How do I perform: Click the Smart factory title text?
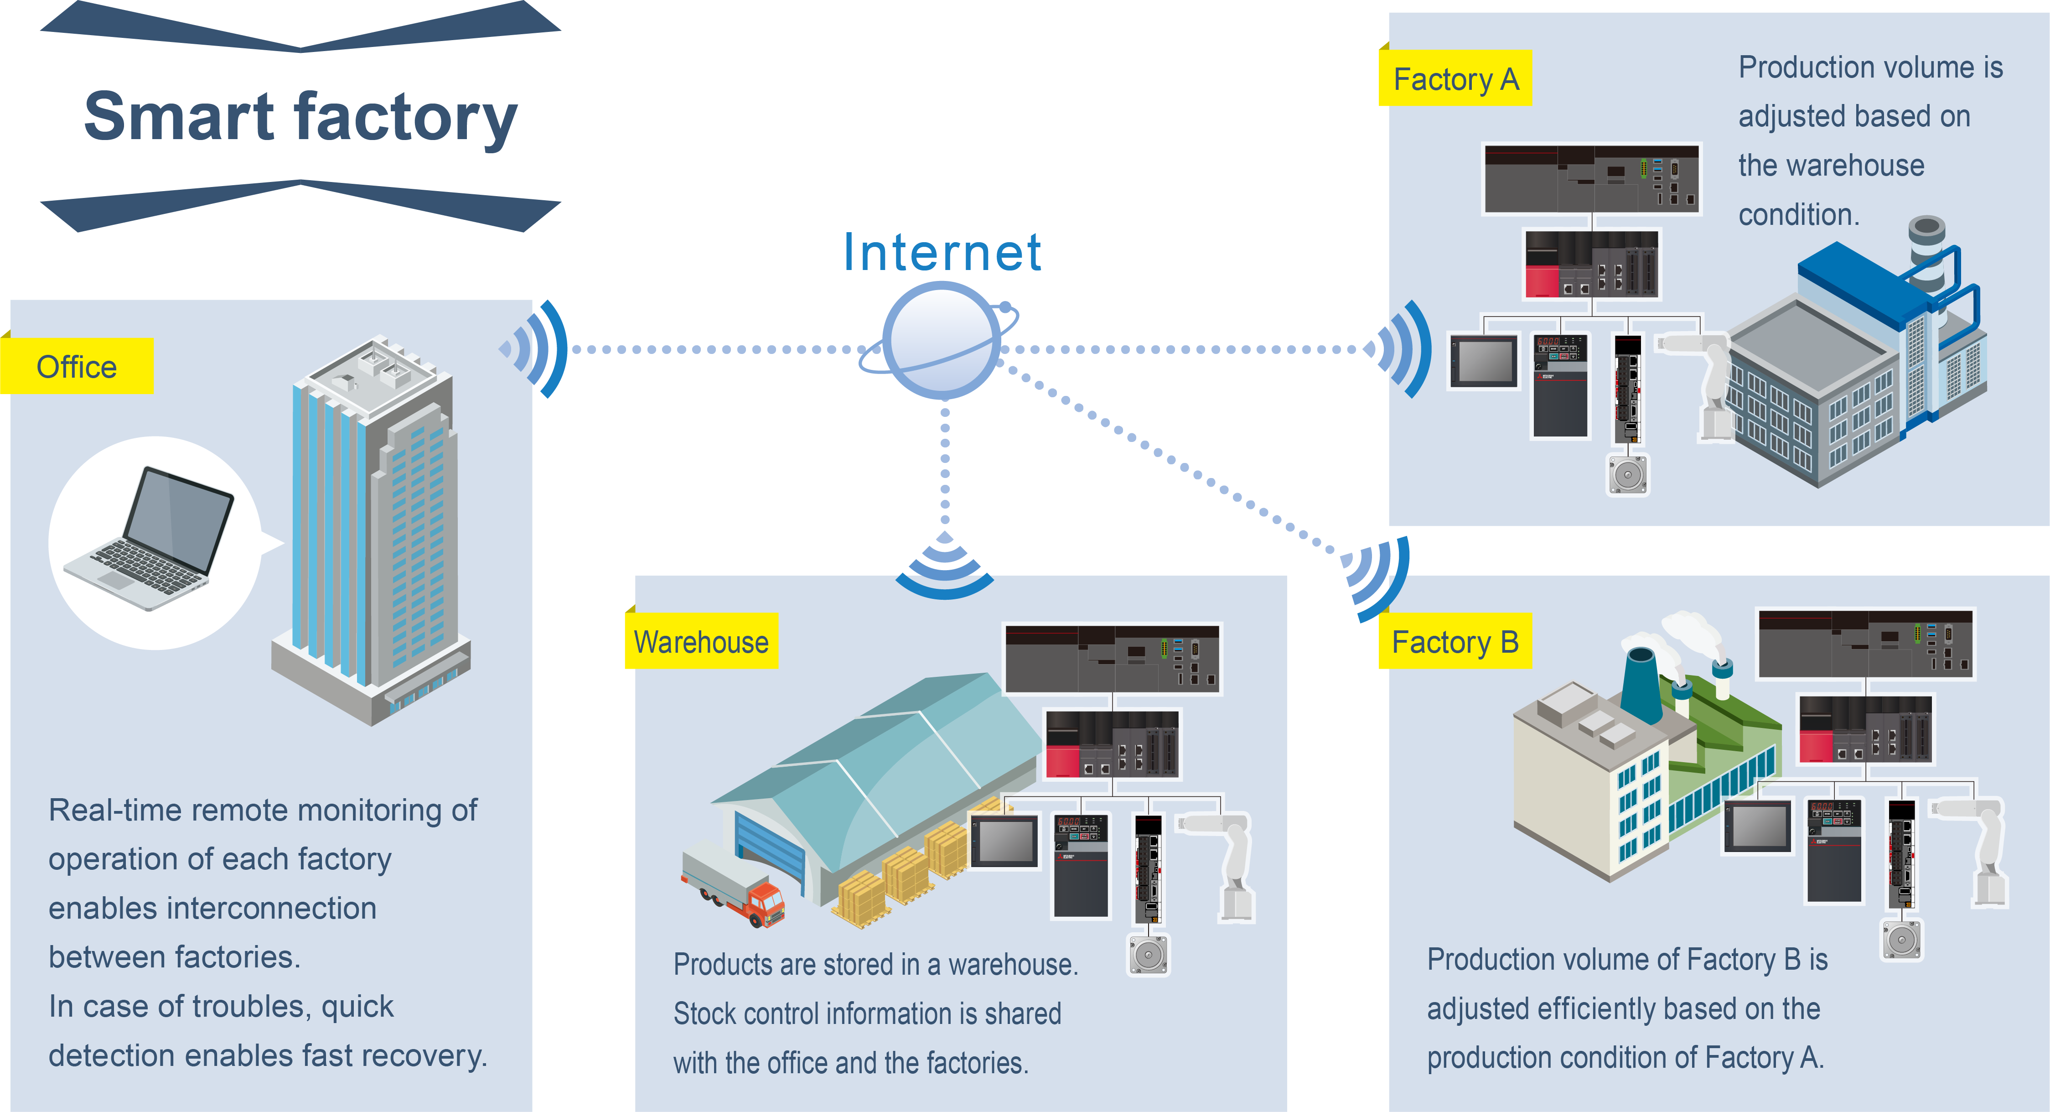tap(301, 117)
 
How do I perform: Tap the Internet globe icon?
tap(942, 341)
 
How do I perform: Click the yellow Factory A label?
tap(1455, 79)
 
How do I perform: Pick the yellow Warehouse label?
tap(701, 642)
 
